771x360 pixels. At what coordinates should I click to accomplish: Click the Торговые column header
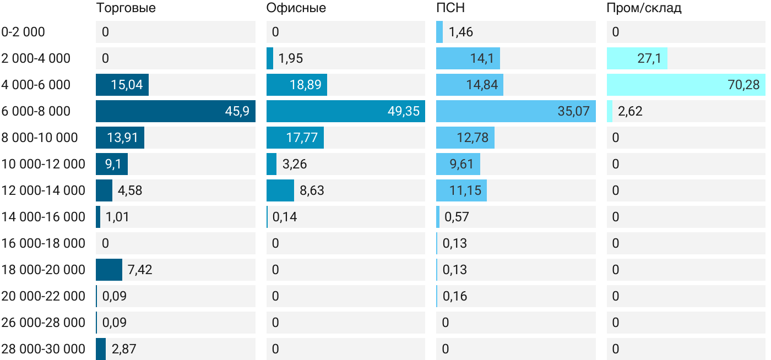[126, 8]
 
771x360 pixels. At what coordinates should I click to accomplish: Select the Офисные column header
[296, 8]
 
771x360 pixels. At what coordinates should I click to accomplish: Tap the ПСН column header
[450, 8]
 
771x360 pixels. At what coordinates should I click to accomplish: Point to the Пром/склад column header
[644, 8]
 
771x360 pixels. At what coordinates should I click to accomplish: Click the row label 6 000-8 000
[36, 111]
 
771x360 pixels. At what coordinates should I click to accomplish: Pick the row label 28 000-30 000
[44, 349]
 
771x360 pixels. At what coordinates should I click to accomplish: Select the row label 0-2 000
[23, 32]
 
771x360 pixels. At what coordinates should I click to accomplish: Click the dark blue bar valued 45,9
[175, 111]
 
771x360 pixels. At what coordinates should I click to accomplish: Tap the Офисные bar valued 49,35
[345, 111]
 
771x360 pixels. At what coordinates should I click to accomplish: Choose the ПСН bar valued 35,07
[515, 111]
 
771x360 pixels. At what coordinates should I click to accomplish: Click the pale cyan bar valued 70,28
[686, 85]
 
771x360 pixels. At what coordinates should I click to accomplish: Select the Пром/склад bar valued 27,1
[637, 58]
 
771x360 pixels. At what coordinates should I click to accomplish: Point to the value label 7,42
[140, 270]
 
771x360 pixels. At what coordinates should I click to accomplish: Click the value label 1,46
[461, 32]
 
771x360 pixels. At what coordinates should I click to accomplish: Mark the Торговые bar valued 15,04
[122, 85]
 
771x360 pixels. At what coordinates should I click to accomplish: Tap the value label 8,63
[312, 190]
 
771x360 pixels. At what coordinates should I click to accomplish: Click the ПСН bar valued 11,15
[461, 190]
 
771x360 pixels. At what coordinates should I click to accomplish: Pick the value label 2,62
[630, 111]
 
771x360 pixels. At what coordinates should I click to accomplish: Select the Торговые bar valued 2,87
[101, 349]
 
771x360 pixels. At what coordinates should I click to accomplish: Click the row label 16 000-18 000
[44, 243]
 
